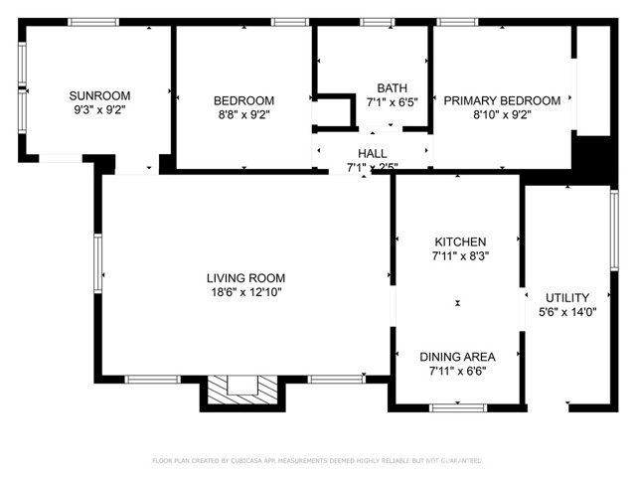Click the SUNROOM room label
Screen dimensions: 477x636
(x=96, y=95)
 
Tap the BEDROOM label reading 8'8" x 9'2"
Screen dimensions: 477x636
(x=243, y=100)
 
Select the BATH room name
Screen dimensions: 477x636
(x=392, y=87)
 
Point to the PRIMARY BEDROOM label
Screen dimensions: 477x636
(x=501, y=100)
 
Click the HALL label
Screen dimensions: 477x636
(x=373, y=153)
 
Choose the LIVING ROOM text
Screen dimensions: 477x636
(x=245, y=277)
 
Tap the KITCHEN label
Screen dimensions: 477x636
(x=460, y=241)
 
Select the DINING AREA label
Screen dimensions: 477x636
(x=457, y=357)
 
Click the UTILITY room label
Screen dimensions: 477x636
(x=566, y=297)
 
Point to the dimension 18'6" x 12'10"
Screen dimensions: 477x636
(x=245, y=292)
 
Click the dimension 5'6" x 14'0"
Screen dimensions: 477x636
(x=566, y=312)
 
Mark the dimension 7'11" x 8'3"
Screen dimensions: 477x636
(x=460, y=256)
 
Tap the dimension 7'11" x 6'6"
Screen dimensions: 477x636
(x=457, y=372)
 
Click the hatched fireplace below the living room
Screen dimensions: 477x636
(x=241, y=391)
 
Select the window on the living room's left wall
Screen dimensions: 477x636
(x=97, y=259)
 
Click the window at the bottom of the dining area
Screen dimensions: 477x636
(x=458, y=406)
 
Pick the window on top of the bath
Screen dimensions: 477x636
(x=375, y=22)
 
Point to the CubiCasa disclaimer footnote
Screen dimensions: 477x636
(x=317, y=460)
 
